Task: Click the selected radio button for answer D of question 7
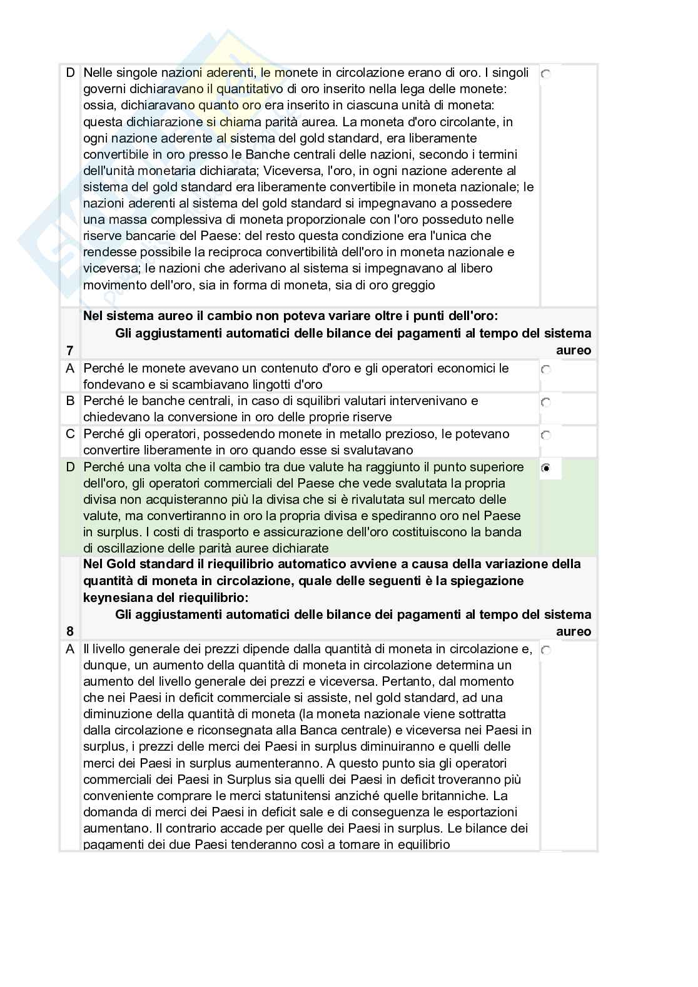pos(546,468)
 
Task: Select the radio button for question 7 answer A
pos(546,369)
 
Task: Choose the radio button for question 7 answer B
pos(546,402)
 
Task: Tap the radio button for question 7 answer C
pos(546,435)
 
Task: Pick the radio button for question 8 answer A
pos(546,651)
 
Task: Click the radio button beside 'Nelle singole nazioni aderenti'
pos(546,74)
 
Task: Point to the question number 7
pos(70,351)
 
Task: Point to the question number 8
pos(70,631)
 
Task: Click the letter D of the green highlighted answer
pos(70,467)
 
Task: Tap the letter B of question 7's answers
pos(70,401)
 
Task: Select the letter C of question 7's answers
pos(70,434)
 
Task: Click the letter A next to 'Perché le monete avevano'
pos(70,368)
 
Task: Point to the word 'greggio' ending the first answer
pos(414,285)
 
